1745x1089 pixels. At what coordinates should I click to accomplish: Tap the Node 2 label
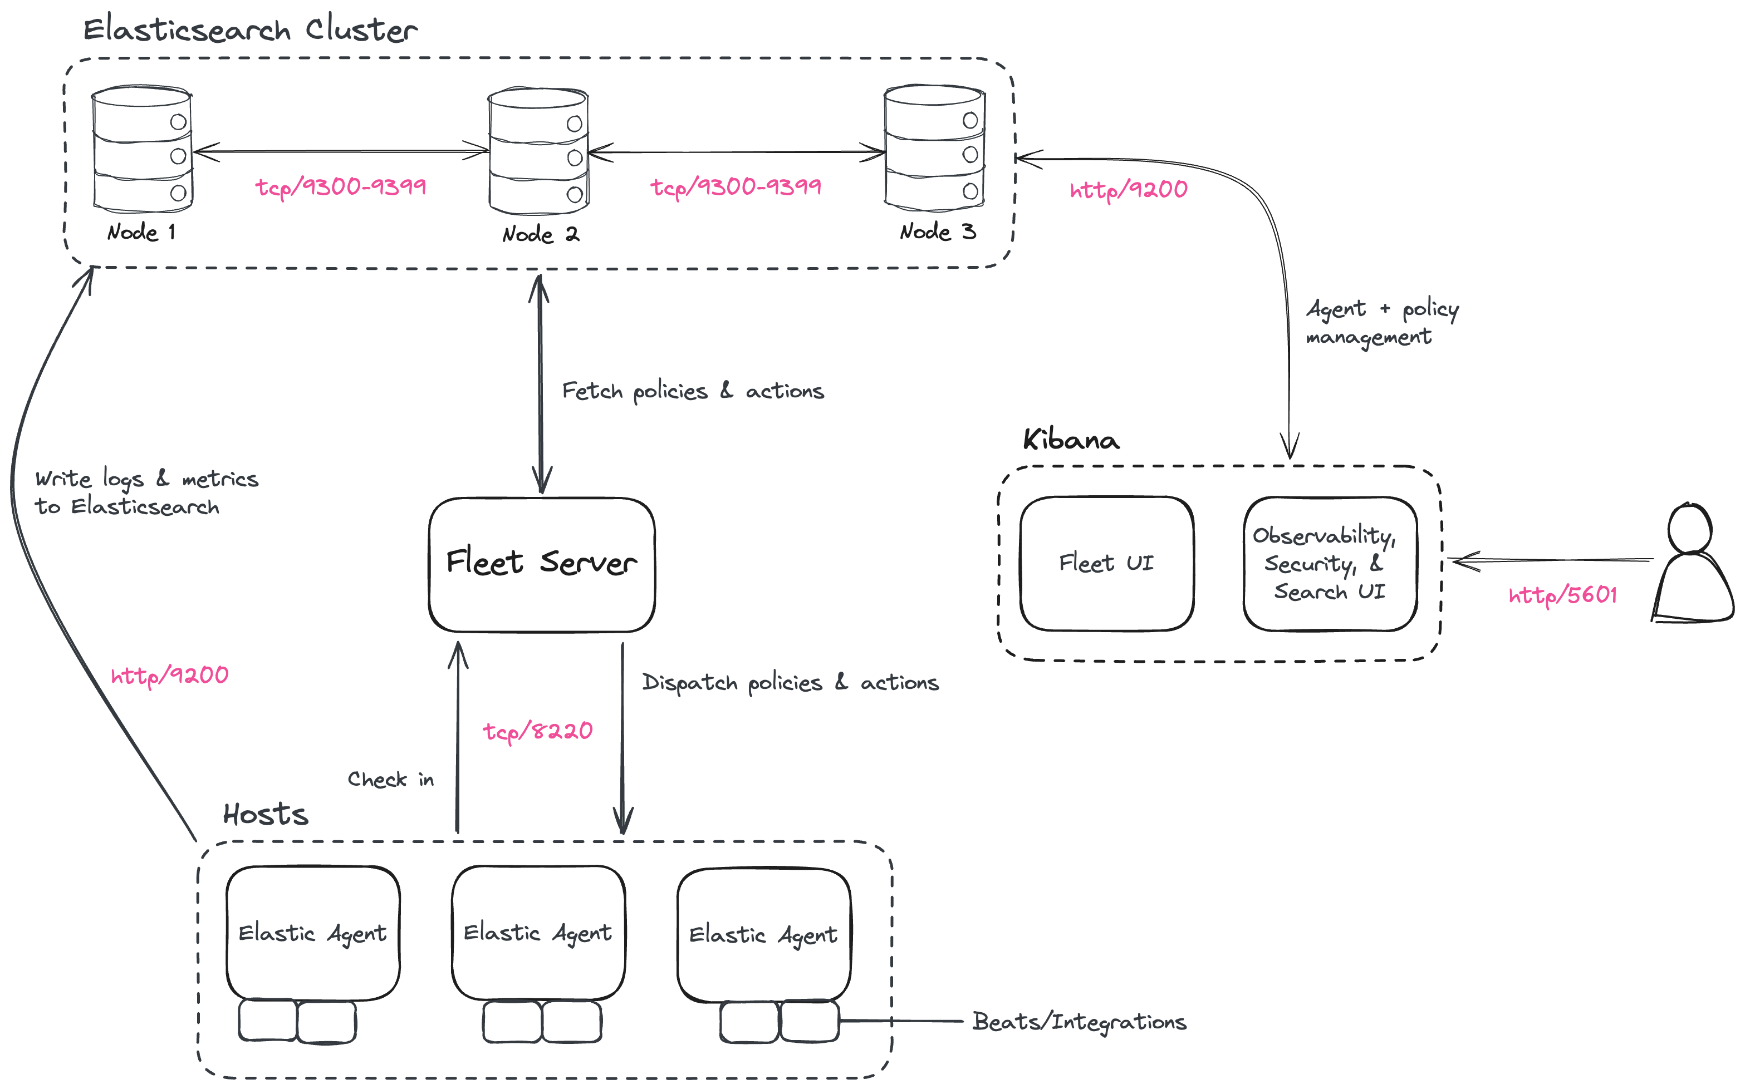540,235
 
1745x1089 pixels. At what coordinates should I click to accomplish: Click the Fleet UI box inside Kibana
1106,563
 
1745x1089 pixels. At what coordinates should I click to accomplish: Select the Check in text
390,779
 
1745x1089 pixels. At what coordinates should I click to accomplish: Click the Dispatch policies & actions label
790,683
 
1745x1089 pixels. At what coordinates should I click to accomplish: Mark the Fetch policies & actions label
693,391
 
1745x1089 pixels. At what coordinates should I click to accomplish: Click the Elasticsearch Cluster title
250,30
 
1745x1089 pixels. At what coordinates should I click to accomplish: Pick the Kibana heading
1071,440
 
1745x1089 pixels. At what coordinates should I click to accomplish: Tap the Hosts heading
265,815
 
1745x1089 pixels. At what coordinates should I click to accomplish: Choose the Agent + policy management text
1381,323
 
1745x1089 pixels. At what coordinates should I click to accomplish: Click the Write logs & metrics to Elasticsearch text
146,492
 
